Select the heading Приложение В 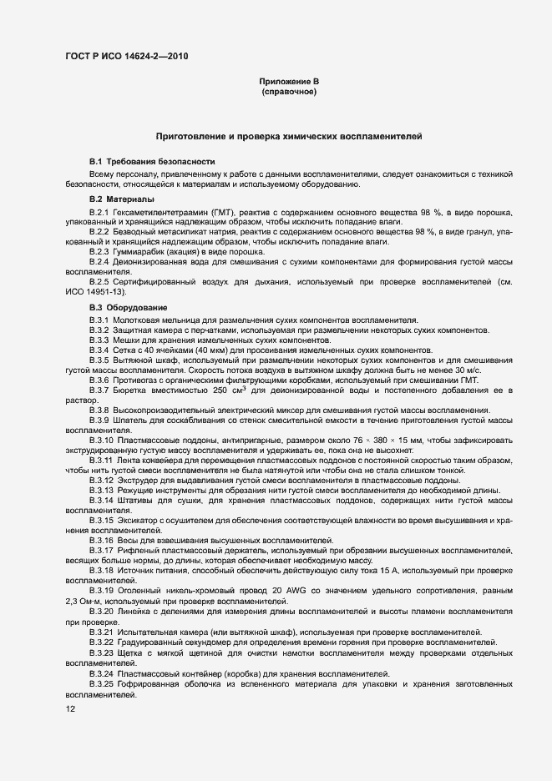click(289, 81)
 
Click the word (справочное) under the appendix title click(289, 91)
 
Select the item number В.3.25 click(102, 684)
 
